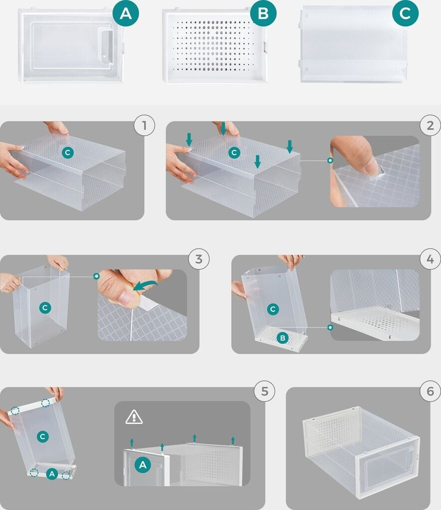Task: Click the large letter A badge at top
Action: point(126,13)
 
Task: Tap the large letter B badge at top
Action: point(263,13)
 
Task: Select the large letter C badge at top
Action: point(405,13)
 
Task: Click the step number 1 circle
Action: point(145,125)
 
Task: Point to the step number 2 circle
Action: point(430,125)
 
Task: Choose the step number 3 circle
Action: point(199,259)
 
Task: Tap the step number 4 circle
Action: point(430,259)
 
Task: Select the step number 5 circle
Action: point(264,391)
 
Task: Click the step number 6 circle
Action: point(430,391)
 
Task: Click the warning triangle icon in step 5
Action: point(134,417)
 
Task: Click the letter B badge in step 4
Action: point(283,338)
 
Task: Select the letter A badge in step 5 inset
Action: point(143,465)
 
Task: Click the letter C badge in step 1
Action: point(68,152)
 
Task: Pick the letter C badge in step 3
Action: point(45,308)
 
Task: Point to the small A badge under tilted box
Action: point(52,474)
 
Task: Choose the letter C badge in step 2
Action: point(234,152)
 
